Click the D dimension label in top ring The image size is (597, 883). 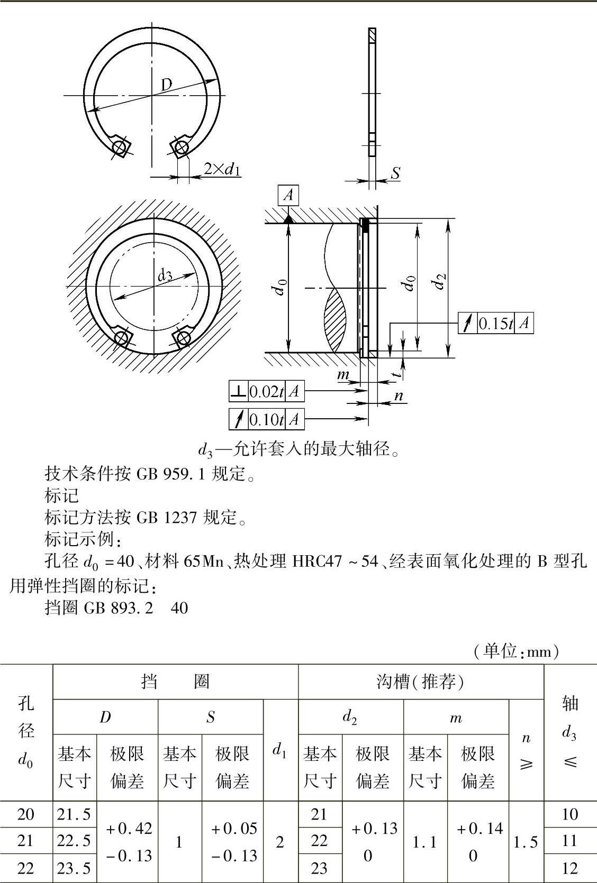[167, 84]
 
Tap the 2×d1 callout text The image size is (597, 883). [222, 170]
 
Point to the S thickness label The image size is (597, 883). [395, 173]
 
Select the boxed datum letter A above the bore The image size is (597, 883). [288, 195]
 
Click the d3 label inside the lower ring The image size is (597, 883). [165, 275]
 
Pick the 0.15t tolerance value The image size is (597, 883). [495, 323]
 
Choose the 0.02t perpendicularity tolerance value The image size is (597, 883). [266, 391]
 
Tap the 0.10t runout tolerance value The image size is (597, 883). [266, 419]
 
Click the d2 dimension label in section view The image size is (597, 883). [439, 281]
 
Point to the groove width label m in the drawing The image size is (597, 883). [343, 374]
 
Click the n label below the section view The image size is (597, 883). [399, 395]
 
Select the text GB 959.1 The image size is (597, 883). [171, 473]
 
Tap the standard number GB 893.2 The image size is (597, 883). [119, 608]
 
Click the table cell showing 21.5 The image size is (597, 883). [74, 814]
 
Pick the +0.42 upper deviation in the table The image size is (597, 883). [129, 828]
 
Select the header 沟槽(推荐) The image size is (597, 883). [421, 682]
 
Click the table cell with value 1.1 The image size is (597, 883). [424, 842]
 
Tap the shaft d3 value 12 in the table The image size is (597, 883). [570, 868]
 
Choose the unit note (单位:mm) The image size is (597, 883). [516, 651]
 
